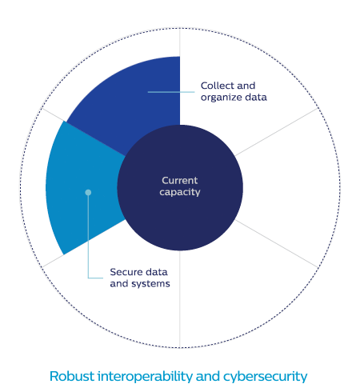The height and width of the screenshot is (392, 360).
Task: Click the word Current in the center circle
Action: tap(180, 181)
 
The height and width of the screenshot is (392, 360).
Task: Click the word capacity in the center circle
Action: tap(180, 192)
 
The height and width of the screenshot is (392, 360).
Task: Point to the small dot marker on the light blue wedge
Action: tap(88, 192)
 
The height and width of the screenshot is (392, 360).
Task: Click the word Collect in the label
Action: tap(218, 86)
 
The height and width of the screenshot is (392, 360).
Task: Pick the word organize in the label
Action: tap(222, 98)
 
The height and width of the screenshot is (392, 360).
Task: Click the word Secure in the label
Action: tap(126, 272)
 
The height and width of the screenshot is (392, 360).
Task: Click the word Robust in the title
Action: tap(72, 376)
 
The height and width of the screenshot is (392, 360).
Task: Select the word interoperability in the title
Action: tap(145, 377)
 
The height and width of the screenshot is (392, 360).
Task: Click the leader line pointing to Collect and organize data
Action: tap(171, 92)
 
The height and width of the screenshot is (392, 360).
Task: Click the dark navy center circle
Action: tap(180, 188)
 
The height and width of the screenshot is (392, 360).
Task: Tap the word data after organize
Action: tap(256, 98)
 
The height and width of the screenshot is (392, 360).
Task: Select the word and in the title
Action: tap(208, 376)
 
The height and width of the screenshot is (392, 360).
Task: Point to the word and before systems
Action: tap(119, 284)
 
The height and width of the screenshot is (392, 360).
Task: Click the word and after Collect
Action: tap(246, 86)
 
